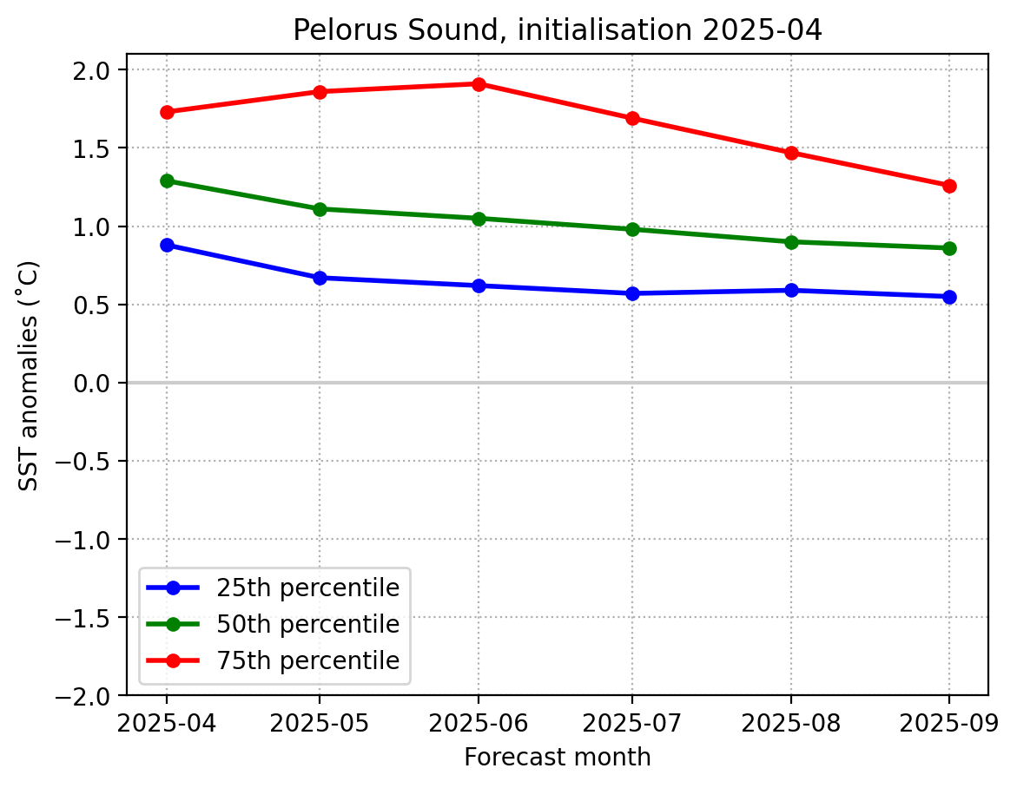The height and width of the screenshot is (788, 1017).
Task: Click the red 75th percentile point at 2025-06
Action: point(478,84)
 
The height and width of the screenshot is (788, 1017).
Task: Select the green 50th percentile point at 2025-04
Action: point(167,181)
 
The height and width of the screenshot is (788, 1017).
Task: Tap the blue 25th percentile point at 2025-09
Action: point(949,297)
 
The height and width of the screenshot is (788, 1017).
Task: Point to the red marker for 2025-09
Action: point(949,186)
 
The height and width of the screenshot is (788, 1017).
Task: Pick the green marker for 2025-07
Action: point(632,229)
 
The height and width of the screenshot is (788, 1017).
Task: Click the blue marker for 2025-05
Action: point(320,278)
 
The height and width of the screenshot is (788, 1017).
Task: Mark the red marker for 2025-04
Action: point(167,112)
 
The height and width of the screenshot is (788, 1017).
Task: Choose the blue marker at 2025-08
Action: point(791,291)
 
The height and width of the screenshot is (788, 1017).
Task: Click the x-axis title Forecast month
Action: point(557,758)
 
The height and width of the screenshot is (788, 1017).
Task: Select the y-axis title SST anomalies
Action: point(29,375)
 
